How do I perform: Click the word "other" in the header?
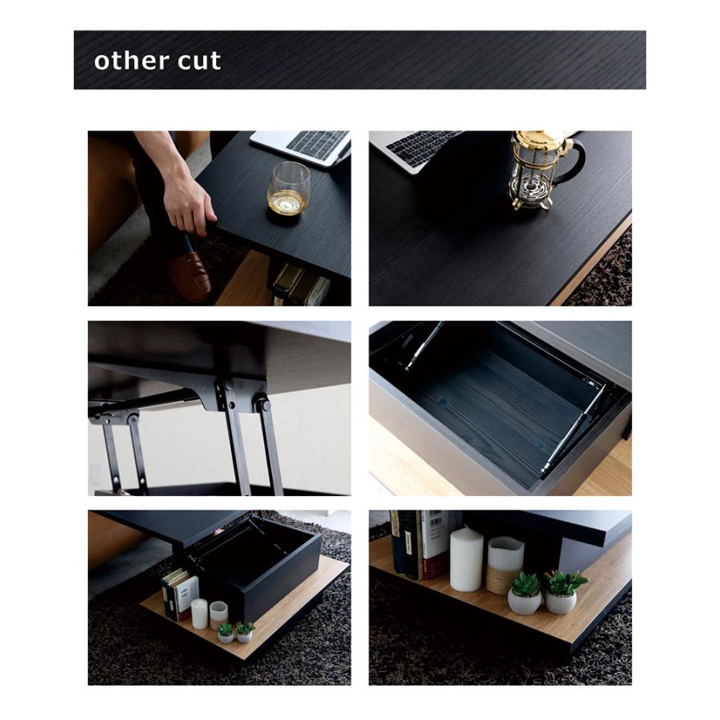131,61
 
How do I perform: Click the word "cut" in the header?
199,61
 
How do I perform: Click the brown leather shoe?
191,277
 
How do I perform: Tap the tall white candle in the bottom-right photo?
466,559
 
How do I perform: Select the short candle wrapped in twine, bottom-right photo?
505,566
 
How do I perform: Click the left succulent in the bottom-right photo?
525,594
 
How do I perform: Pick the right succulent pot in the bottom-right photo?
561,602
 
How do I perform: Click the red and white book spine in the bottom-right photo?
434,545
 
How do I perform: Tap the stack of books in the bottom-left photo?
179,594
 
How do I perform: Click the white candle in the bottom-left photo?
199,614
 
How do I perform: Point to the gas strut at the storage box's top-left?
423,346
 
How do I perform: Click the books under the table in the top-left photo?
301,285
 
